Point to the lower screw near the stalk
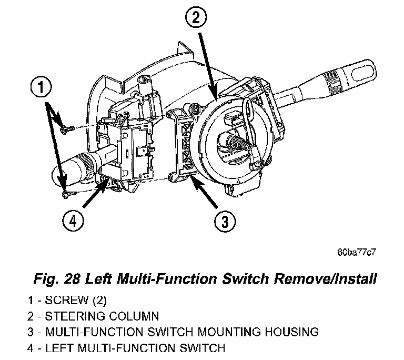pyautogui.click(x=66, y=195)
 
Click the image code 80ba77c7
pyautogui.click(x=356, y=252)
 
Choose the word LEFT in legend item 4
pyautogui.click(x=57, y=347)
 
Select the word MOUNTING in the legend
pyautogui.click(x=229, y=332)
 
